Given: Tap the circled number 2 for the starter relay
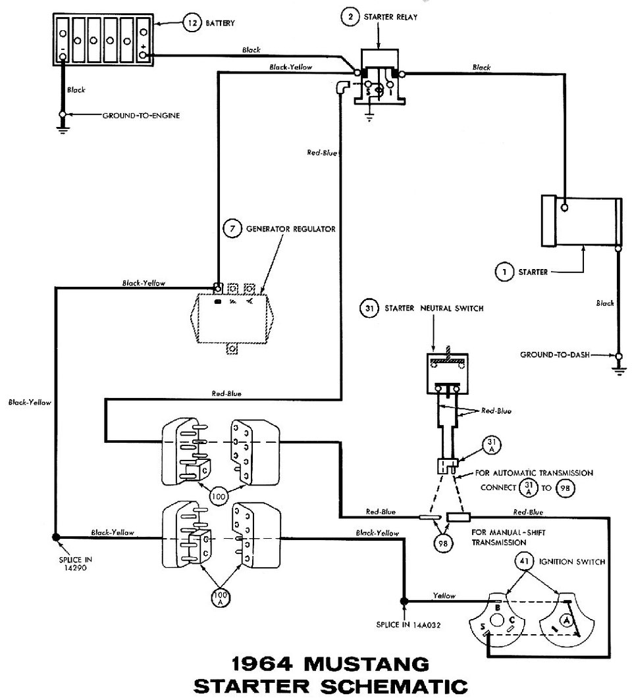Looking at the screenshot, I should click(x=349, y=16).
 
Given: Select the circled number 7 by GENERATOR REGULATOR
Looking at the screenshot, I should click(x=231, y=230).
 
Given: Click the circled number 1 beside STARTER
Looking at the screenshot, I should click(x=504, y=271).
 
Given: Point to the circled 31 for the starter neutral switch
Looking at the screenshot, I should click(x=369, y=307).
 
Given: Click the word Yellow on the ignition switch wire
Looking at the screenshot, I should click(x=444, y=595).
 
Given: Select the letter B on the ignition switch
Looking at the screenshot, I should click(x=498, y=600).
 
